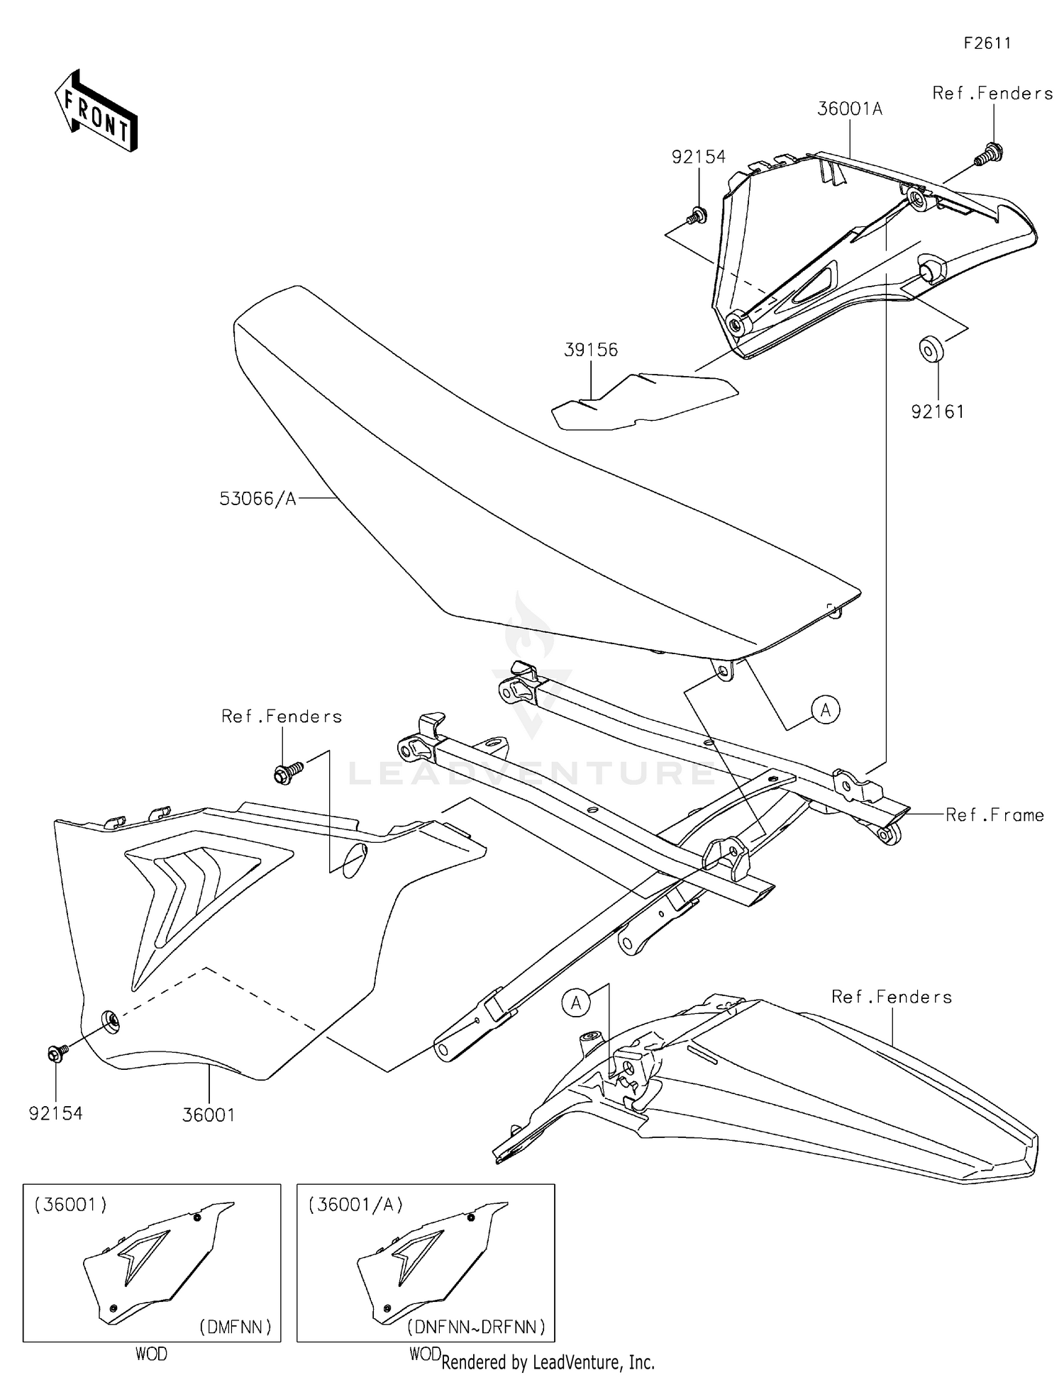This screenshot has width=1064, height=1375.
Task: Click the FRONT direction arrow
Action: tap(96, 111)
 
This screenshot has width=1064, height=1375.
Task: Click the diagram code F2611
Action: tap(987, 43)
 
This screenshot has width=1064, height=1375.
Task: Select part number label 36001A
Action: tap(849, 109)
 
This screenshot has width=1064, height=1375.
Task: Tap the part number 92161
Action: tap(937, 412)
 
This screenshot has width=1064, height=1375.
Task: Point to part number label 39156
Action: tap(591, 350)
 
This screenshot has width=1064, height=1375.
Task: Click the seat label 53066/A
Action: tap(257, 499)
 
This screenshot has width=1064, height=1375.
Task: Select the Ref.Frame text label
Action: tap(994, 815)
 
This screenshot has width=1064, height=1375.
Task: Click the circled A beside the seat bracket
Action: tap(826, 709)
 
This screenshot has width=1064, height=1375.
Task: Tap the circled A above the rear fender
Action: tap(576, 1003)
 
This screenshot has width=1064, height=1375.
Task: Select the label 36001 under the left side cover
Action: tap(209, 1115)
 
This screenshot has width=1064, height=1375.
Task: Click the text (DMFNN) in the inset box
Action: tap(235, 1327)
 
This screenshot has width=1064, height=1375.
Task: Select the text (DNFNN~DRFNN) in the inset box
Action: tap(476, 1327)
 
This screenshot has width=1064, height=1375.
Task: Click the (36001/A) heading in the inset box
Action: tap(355, 1205)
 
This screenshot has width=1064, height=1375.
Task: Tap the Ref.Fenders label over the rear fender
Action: tap(891, 997)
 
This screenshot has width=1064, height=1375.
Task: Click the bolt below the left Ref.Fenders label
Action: tap(287, 772)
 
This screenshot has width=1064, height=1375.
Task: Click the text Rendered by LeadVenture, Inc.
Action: tap(548, 1362)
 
